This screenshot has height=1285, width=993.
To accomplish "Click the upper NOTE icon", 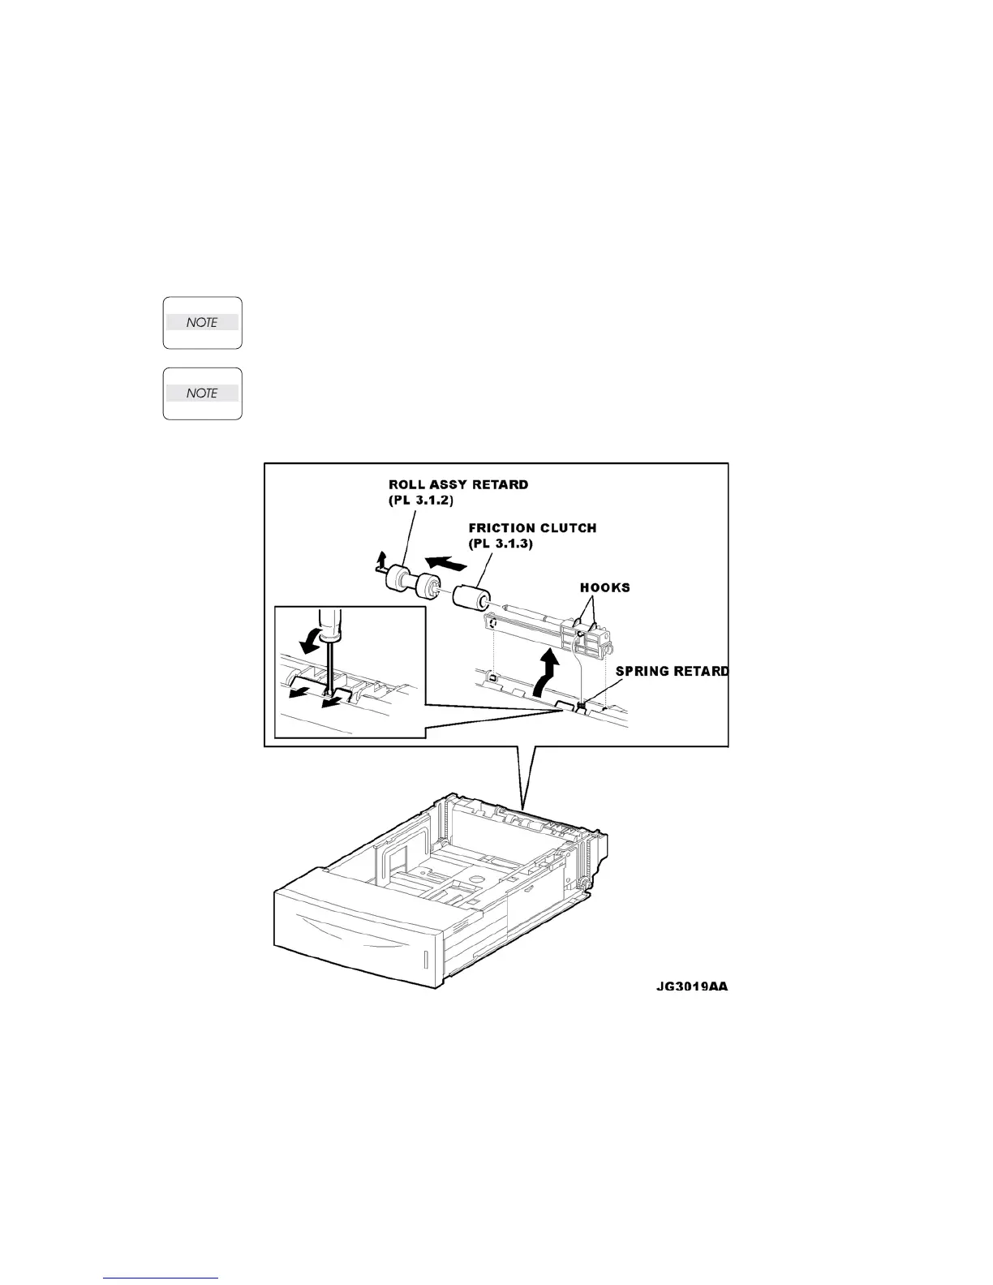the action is pyautogui.click(x=202, y=323).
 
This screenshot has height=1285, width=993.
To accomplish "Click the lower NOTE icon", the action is pyautogui.click(x=202, y=393).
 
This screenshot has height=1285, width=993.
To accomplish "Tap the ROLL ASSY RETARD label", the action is pyautogui.click(x=458, y=484).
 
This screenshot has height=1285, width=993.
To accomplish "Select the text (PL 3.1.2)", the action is pyautogui.click(x=420, y=501).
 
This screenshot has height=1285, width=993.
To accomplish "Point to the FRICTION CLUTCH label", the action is pyautogui.click(x=532, y=528).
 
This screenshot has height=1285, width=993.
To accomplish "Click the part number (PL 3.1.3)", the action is pyautogui.click(x=501, y=544).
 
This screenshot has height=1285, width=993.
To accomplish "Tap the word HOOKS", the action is pyautogui.click(x=605, y=587).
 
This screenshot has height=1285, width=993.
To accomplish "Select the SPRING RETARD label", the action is pyautogui.click(x=672, y=672).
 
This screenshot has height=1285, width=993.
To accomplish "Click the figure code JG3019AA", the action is pyautogui.click(x=692, y=987).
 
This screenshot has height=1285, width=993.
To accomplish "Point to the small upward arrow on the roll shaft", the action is pyautogui.click(x=383, y=559).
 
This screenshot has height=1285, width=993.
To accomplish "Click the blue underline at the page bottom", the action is pyautogui.click(x=161, y=1278).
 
